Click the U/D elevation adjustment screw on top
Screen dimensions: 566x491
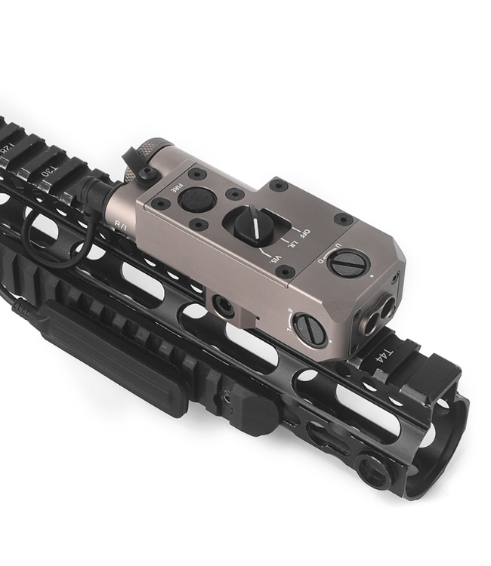tap(349, 263)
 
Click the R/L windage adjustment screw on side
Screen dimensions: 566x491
tap(310, 331)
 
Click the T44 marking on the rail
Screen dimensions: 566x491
tap(382, 353)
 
